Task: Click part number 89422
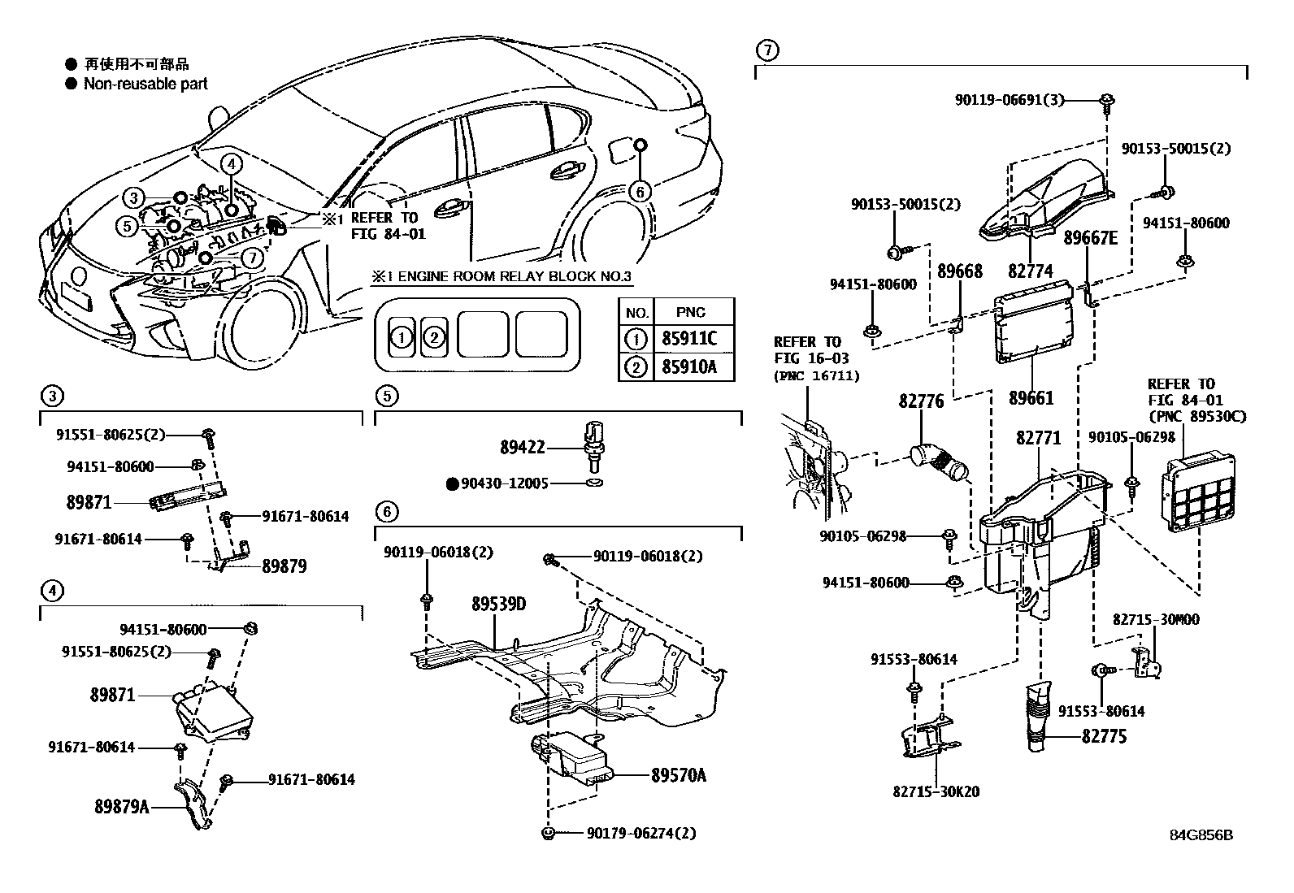(522, 448)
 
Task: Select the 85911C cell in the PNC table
(689, 340)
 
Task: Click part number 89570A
(678, 775)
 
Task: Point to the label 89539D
(499, 605)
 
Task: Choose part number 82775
(1104, 738)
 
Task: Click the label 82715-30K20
(935, 791)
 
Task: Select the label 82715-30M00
(1144, 620)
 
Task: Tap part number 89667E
(1091, 238)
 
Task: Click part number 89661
(1031, 398)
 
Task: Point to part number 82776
(921, 401)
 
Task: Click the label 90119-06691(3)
(1009, 100)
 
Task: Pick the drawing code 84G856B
(1201, 835)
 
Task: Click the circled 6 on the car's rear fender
(640, 191)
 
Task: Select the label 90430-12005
(504, 483)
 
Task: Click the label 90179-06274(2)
(640, 833)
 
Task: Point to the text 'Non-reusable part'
(145, 84)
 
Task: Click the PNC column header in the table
(691, 312)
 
